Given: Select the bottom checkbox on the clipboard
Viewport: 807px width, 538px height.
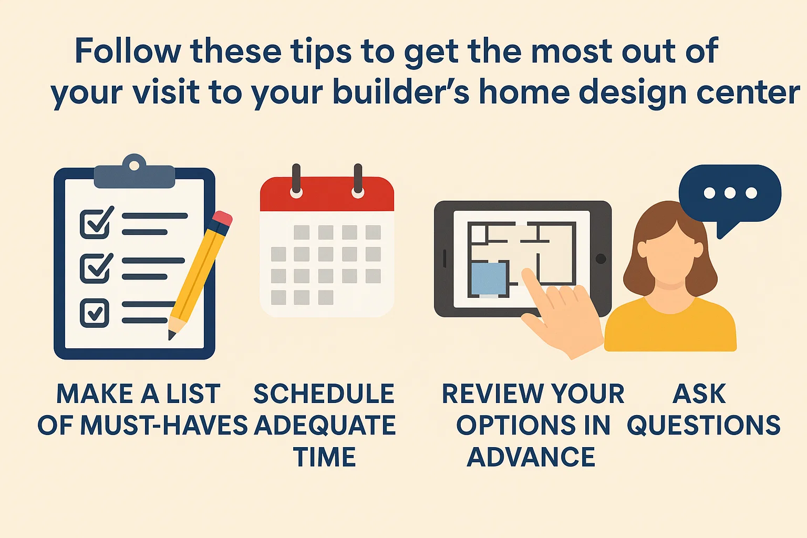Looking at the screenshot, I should point(95,313).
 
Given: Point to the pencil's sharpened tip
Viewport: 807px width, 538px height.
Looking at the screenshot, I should point(171,335).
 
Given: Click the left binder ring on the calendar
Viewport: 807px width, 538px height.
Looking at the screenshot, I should point(296,182).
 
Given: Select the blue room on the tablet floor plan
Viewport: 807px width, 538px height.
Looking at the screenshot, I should point(489,278).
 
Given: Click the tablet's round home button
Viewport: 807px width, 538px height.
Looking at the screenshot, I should point(601,259).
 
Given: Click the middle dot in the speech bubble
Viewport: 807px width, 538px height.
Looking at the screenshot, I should point(730,193).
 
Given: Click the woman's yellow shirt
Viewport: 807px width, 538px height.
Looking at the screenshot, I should point(670,328).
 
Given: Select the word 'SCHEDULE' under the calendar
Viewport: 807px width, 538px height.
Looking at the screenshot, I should point(324,394).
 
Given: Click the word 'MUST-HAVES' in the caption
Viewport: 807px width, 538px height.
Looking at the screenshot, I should point(163,426).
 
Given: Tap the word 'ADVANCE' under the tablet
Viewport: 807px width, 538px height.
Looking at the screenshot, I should point(531,457).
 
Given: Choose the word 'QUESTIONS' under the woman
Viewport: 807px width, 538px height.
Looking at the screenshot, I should point(703,426).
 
